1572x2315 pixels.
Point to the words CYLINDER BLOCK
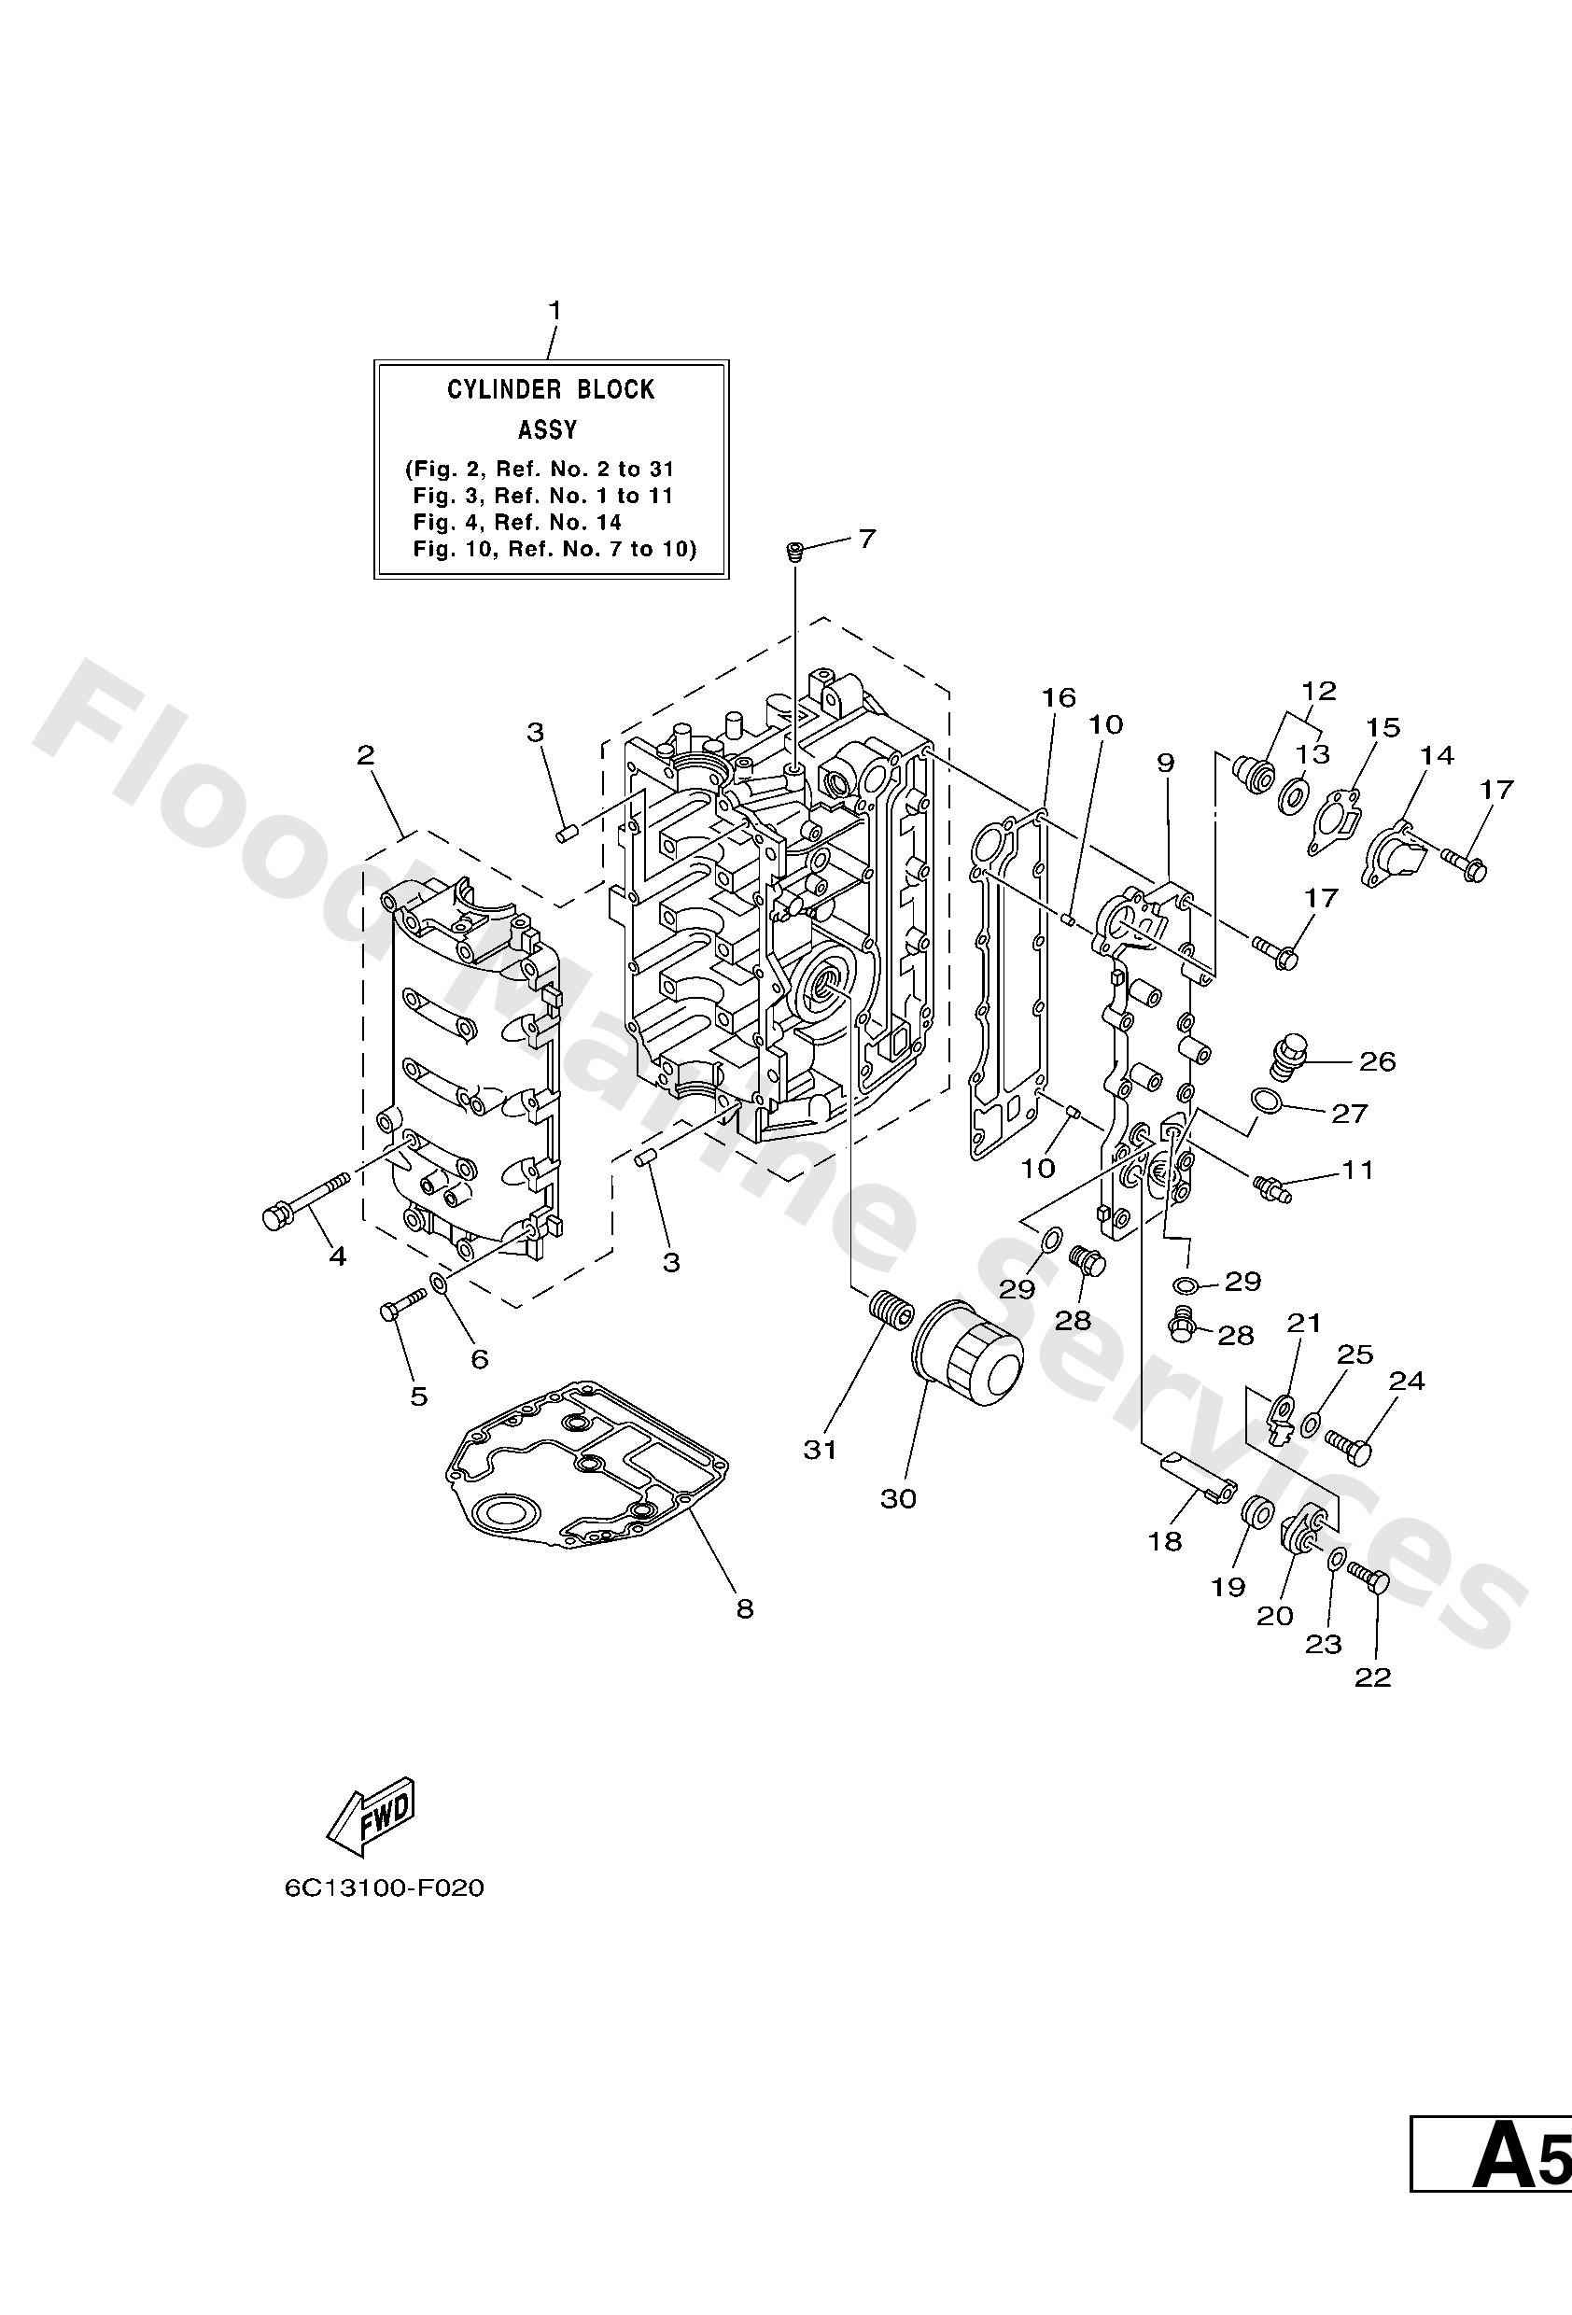click(550, 389)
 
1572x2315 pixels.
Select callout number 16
click(1059, 697)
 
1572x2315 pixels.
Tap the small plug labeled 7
click(794, 551)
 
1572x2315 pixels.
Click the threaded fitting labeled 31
click(890, 1308)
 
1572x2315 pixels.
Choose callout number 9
click(1165, 763)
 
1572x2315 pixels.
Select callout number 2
click(366, 755)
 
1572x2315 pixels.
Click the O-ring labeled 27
click(1266, 1100)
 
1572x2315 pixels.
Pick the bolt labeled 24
click(1348, 1444)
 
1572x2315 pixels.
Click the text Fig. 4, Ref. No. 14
click(517, 522)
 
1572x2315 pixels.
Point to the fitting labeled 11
click(1272, 1186)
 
